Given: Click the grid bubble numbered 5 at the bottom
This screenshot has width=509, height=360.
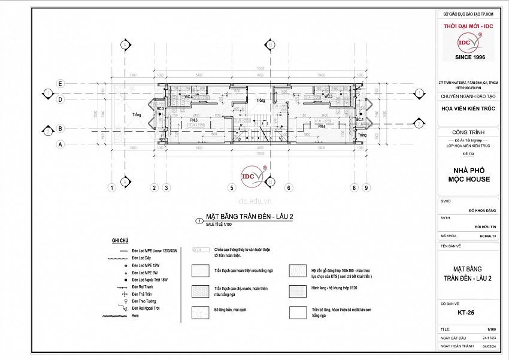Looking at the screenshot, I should pos(231,188).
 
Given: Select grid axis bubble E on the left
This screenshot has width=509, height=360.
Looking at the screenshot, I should pos(60,83).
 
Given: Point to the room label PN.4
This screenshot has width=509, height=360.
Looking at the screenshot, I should pos(321,126).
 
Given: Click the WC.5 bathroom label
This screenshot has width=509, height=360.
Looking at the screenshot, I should pos(328,96).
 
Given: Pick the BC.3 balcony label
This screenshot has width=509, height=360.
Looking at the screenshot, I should pos(160,108).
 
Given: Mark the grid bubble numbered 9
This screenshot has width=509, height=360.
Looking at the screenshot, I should pos(366,188).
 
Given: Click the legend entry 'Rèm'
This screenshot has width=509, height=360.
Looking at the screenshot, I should pos(135,315).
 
